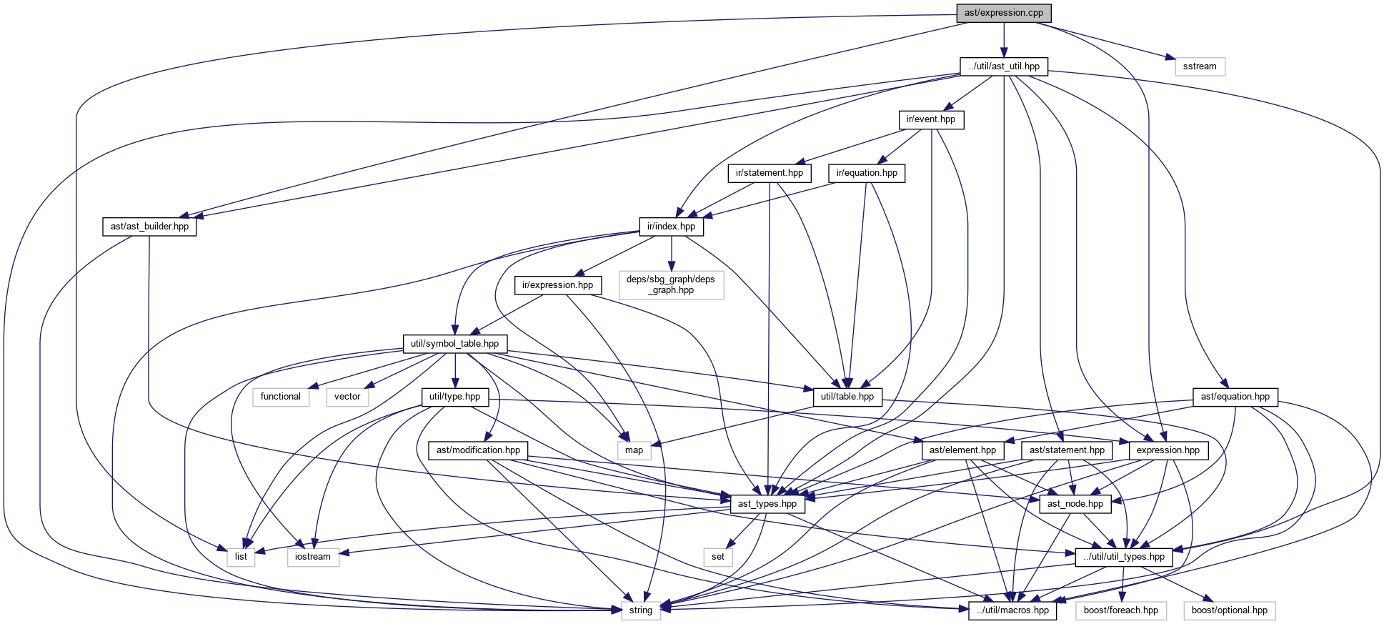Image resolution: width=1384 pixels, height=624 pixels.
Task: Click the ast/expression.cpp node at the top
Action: (x=1003, y=13)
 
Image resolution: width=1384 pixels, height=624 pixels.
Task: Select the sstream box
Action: (x=1199, y=66)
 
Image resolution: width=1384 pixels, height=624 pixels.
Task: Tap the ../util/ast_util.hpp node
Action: (x=1003, y=66)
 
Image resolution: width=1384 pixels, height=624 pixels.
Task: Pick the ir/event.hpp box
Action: (x=930, y=119)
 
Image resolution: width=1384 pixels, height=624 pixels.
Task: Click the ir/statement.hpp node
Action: (x=769, y=173)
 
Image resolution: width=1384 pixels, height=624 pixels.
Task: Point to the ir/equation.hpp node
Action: (x=867, y=173)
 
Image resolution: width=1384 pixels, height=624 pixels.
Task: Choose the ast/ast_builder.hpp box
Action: (x=149, y=227)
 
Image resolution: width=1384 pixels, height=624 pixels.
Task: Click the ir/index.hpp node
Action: (x=671, y=227)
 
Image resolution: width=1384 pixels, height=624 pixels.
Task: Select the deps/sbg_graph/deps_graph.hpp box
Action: (x=670, y=284)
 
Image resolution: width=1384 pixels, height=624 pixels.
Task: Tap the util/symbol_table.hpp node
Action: (x=454, y=344)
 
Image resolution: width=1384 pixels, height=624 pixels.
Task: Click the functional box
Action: (x=280, y=397)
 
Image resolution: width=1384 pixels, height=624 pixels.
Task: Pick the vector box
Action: (x=347, y=397)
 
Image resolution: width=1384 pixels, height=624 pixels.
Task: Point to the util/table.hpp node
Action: (x=847, y=397)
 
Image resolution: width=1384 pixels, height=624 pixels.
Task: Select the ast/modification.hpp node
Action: (x=478, y=450)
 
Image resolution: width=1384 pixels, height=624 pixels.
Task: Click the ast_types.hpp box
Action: (x=767, y=504)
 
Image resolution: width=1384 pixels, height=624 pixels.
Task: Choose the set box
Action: (x=717, y=557)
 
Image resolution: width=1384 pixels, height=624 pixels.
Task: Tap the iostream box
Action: (x=312, y=557)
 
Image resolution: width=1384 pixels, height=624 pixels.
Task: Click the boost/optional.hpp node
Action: (x=1229, y=610)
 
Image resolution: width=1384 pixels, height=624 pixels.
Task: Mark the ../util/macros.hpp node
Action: (x=1012, y=610)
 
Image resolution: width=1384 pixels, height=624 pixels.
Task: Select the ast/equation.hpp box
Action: (x=1235, y=397)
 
